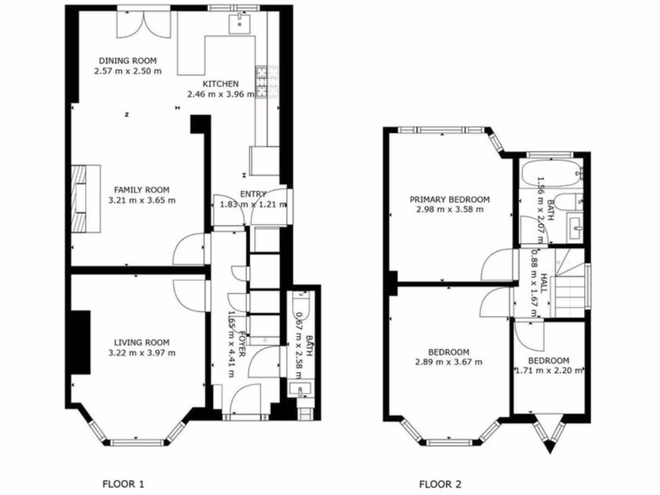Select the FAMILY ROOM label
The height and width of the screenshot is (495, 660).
click(x=142, y=189)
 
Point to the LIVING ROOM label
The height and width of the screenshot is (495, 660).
click(x=142, y=342)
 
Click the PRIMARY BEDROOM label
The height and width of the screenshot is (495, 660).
click(x=450, y=199)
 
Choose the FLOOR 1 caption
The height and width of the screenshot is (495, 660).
click(x=124, y=483)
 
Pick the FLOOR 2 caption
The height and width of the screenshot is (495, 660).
click(x=440, y=483)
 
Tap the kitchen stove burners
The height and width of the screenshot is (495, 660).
click(x=262, y=81)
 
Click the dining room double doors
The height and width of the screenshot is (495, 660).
click(x=144, y=23)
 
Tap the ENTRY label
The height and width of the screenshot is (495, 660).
click(x=253, y=194)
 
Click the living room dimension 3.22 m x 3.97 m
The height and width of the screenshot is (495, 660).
click(x=142, y=353)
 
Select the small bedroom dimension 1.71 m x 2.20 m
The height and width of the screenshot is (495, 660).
click(x=549, y=371)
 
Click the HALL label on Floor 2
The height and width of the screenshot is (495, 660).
click(x=545, y=284)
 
